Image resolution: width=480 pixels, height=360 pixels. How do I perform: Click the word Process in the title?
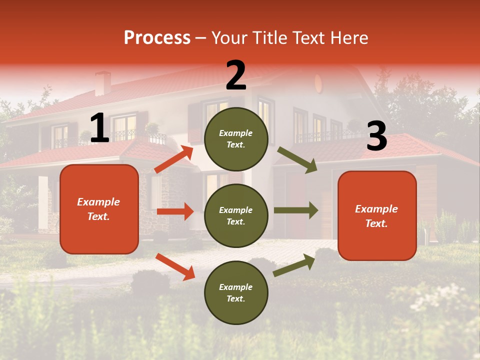[x=157, y=38]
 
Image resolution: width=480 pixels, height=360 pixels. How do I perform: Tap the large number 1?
[x=99, y=128]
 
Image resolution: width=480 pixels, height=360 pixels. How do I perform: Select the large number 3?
[x=376, y=136]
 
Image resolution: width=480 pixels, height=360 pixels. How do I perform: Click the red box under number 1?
[x=99, y=209]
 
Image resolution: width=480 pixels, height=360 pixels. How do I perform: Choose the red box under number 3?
[x=377, y=215]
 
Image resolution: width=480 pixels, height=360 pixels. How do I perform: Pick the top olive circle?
[x=236, y=139]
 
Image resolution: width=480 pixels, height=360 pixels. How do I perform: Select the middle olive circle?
[x=236, y=215]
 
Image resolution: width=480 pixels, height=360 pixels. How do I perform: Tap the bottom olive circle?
[x=236, y=292]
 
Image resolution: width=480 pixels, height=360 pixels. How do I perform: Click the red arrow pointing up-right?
[x=174, y=159]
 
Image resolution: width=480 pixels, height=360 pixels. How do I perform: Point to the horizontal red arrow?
[x=175, y=211]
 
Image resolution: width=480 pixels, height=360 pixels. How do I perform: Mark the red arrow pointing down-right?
[x=175, y=266]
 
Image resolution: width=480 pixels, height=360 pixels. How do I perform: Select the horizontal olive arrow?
[x=296, y=210]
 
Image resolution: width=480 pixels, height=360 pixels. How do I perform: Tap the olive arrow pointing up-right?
[x=294, y=265]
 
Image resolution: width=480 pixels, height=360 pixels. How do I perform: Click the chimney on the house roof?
[x=103, y=83]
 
